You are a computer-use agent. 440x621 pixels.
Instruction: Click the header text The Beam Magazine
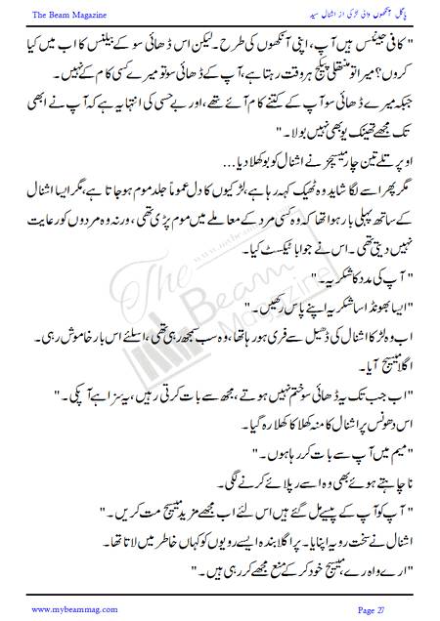(x=48, y=14)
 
